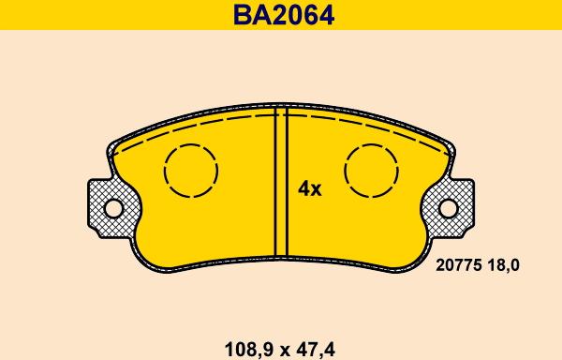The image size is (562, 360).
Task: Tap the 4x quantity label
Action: pyautogui.click(x=309, y=189)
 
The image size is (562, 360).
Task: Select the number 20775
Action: pyautogui.click(x=458, y=266)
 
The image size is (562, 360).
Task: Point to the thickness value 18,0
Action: pyautogui.click(x=502, y=266)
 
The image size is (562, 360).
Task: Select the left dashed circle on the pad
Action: pyautogui.click(x=191, y=171)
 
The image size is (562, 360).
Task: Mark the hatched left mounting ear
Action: pyautogui.click(x=105, y=208)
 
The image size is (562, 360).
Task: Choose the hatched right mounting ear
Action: pyautogui.click(x=457, y=208)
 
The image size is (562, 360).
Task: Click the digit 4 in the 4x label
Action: pyautogui.click(x=303, y=189)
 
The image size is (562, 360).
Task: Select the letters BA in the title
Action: pyautogui.click(x=245, y=15)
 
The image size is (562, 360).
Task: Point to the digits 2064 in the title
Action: pyautogui.click(x=299, y=15)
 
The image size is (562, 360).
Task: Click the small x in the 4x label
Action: pyautogui.click(x=317, y=190)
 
